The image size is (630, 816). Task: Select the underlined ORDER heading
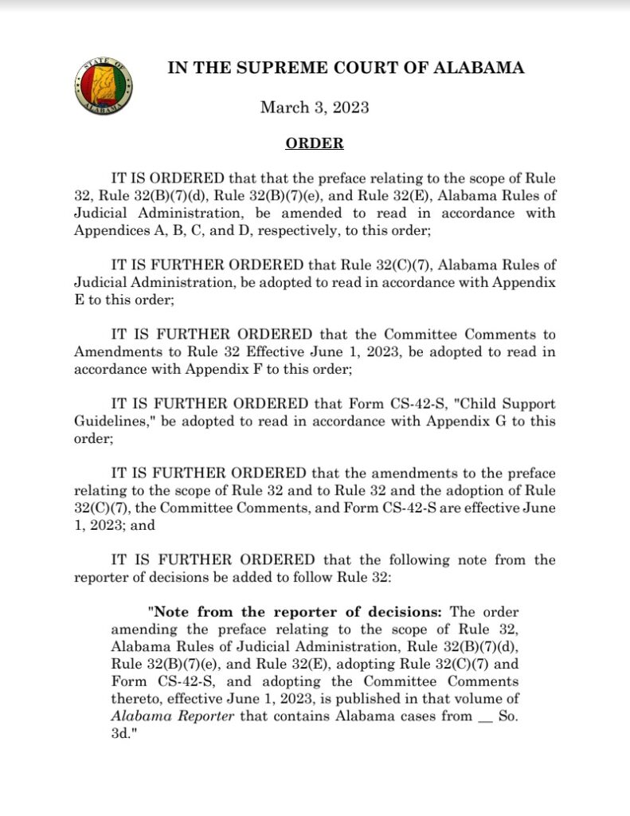point(315,144)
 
